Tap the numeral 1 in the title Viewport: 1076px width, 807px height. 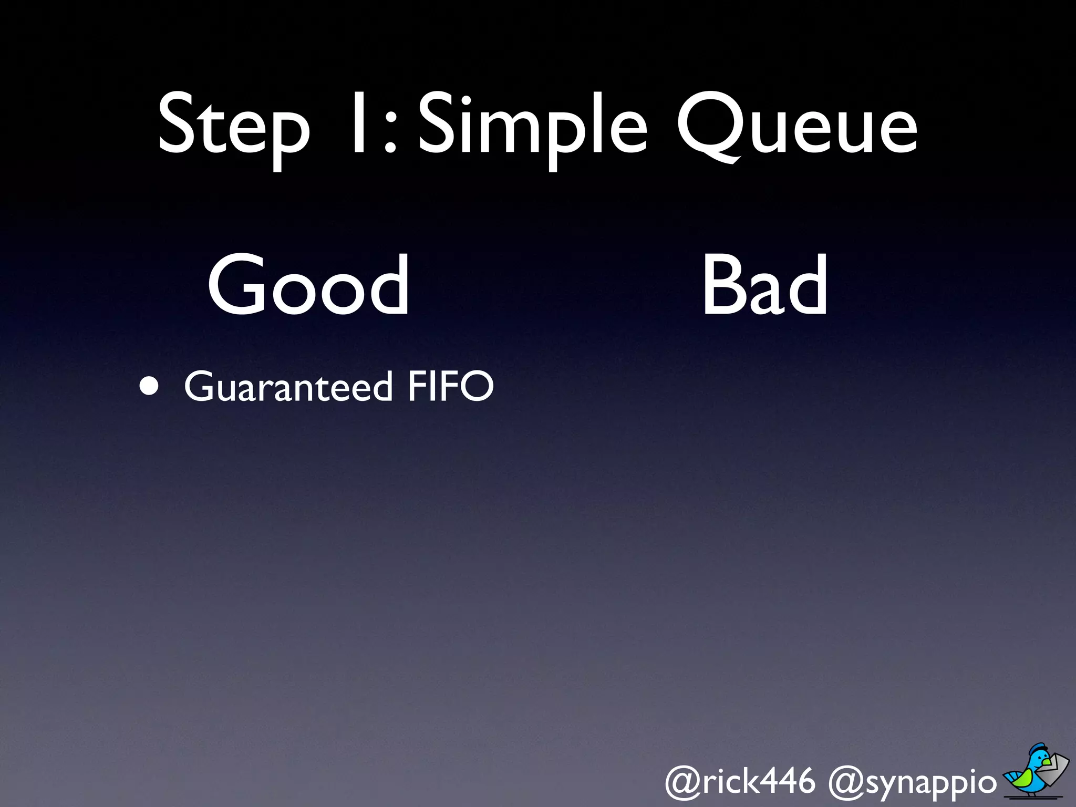[359, 124]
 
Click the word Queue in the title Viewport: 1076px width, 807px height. [796, 126]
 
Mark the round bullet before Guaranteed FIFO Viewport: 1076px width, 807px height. [149, 386]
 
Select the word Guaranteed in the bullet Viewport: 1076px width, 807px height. [288, 387]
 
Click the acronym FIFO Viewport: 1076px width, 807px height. [451, 386]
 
